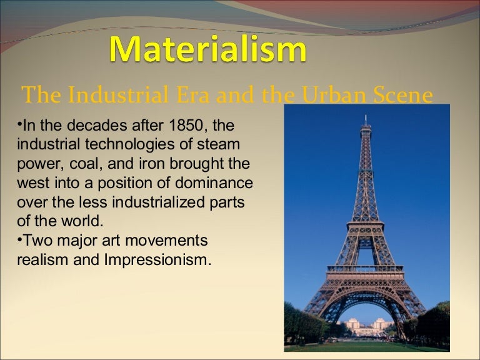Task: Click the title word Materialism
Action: point(207,51)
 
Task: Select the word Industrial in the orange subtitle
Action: point(112,96)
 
